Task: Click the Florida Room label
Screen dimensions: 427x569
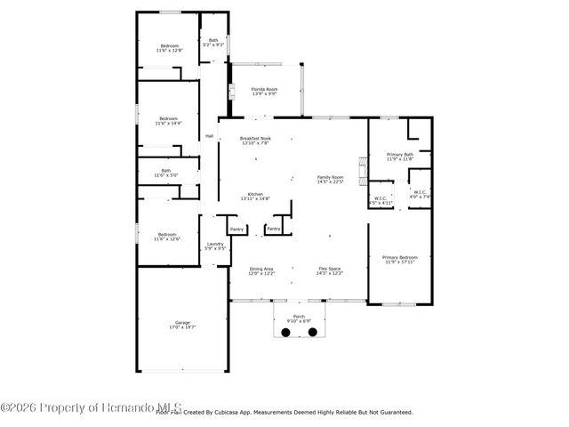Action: pyautogui.click(x=264, y=92)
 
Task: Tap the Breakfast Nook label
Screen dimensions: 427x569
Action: pyautogui.click(x=255, y=141)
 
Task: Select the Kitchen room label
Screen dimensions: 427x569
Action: pyautogui.click(x=255, y=197)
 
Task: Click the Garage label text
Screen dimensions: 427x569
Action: pyautogui.click(x=182, y=325)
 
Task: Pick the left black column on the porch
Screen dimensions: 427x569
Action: pyautogui.click(x=286, y=332)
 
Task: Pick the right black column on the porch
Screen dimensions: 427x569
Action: pyautogui.click(x=313, y=332)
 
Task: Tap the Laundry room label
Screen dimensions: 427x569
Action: pyautogui.click(x=215, y=246)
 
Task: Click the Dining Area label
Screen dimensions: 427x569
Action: pyautogui.click(x=261, y=270)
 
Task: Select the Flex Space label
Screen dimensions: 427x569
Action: pyautogui.click(x=330, y=270)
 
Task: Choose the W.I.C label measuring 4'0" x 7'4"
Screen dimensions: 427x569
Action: pyautogui.click(x=421, y=194)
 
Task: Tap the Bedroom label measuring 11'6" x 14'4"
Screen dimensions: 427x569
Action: pyautogui.click(x=169, y=120)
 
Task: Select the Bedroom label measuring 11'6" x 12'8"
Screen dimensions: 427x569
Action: pyautogui.click(x=169, y=48)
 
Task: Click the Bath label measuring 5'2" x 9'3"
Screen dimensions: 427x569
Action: pyautogui.click(x=213, y=42)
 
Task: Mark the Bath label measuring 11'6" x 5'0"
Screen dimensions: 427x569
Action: pyautogui.click(x=166, y=173)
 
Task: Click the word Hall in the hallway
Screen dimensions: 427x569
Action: pyautogui.click(x=210, y=136)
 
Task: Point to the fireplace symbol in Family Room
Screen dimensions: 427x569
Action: pyautogui.click(x=362, y=166)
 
